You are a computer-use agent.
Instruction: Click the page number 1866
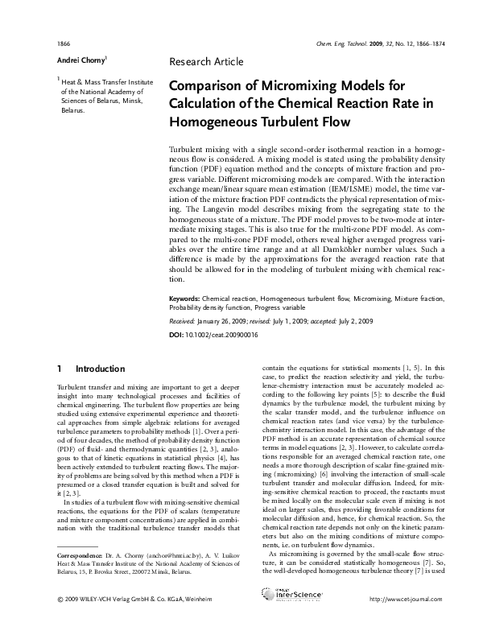(x=64, y=41)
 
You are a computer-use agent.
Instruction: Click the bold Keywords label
(x=184, y=297)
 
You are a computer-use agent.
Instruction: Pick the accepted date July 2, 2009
(x=356, y=320)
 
